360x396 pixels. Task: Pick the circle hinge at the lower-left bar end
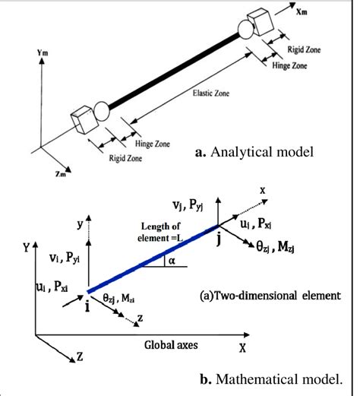pos(102,115)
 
